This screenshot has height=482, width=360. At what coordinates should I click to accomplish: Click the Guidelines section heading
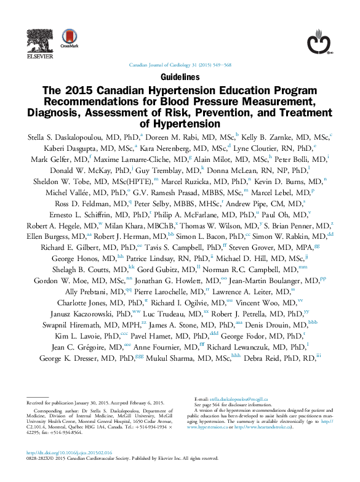pyautogui.click(x=180, y=78)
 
